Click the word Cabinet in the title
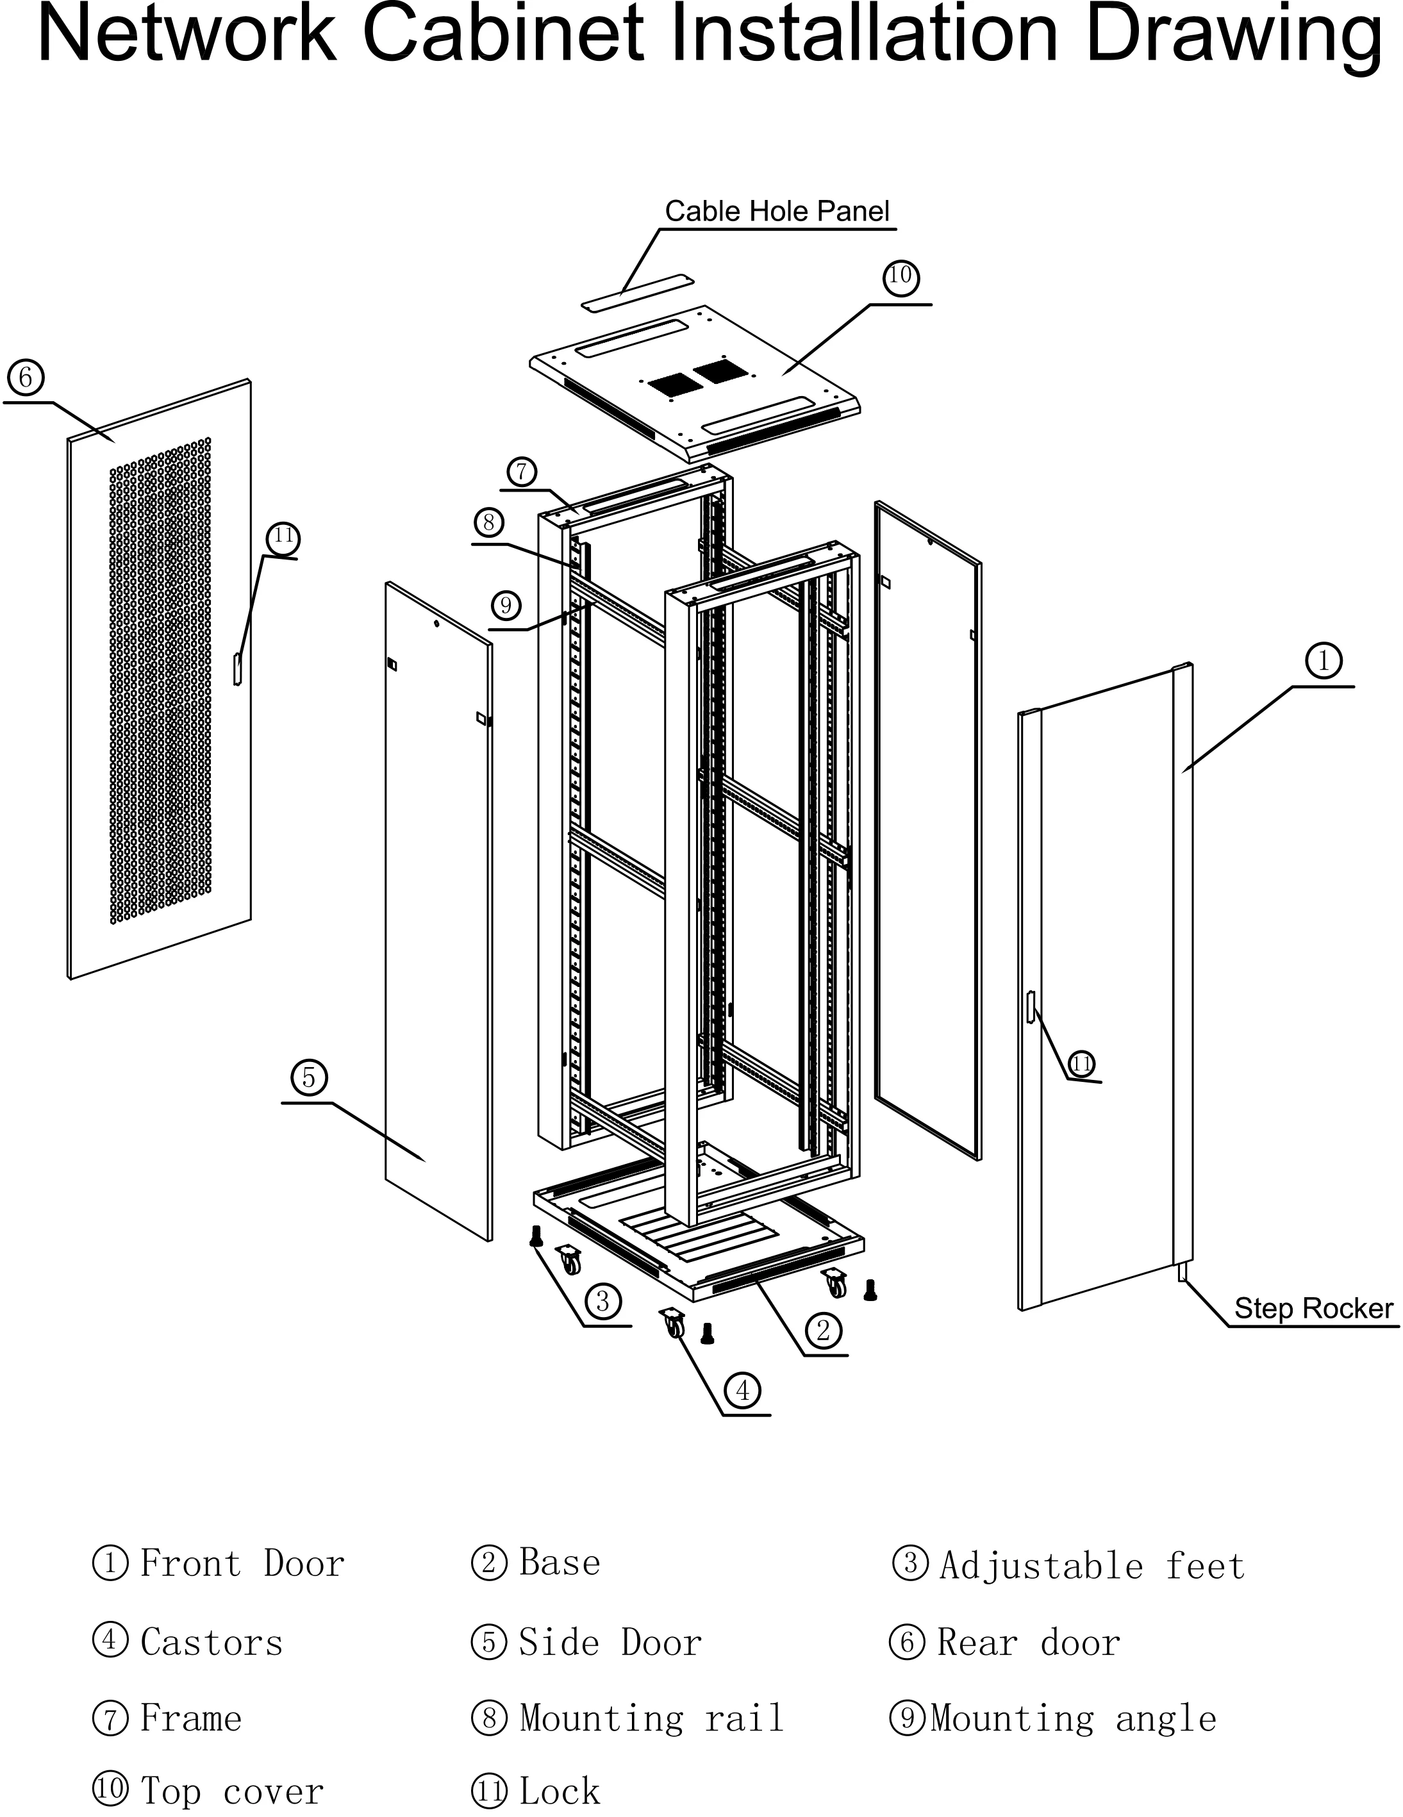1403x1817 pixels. tap(503, 35)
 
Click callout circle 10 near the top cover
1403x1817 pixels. tap(901, 276)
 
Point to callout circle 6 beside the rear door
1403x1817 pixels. tap(26, 378)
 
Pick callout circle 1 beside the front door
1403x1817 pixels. tap(1323, 661)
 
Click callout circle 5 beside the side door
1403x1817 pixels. tap(309, 1078)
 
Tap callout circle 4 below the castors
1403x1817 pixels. tap(742, 1390)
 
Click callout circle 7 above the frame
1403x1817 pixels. tap(522, 472)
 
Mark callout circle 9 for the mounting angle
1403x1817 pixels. tap(506, 605)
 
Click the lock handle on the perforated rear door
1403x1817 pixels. tap(237, 669)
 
